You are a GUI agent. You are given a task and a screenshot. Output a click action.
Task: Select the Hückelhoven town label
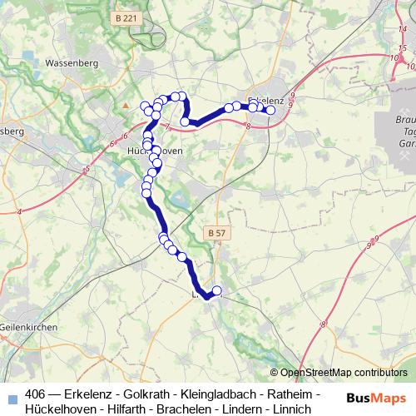click(149, 151)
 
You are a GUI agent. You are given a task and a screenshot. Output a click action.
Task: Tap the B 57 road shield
click(215, 233)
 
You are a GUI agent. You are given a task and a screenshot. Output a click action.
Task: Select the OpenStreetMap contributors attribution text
click(344, 373)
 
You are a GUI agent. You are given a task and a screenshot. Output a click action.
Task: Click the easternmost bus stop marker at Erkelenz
click(270, 110)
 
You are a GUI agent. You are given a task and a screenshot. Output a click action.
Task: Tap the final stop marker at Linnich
click(217, 290)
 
